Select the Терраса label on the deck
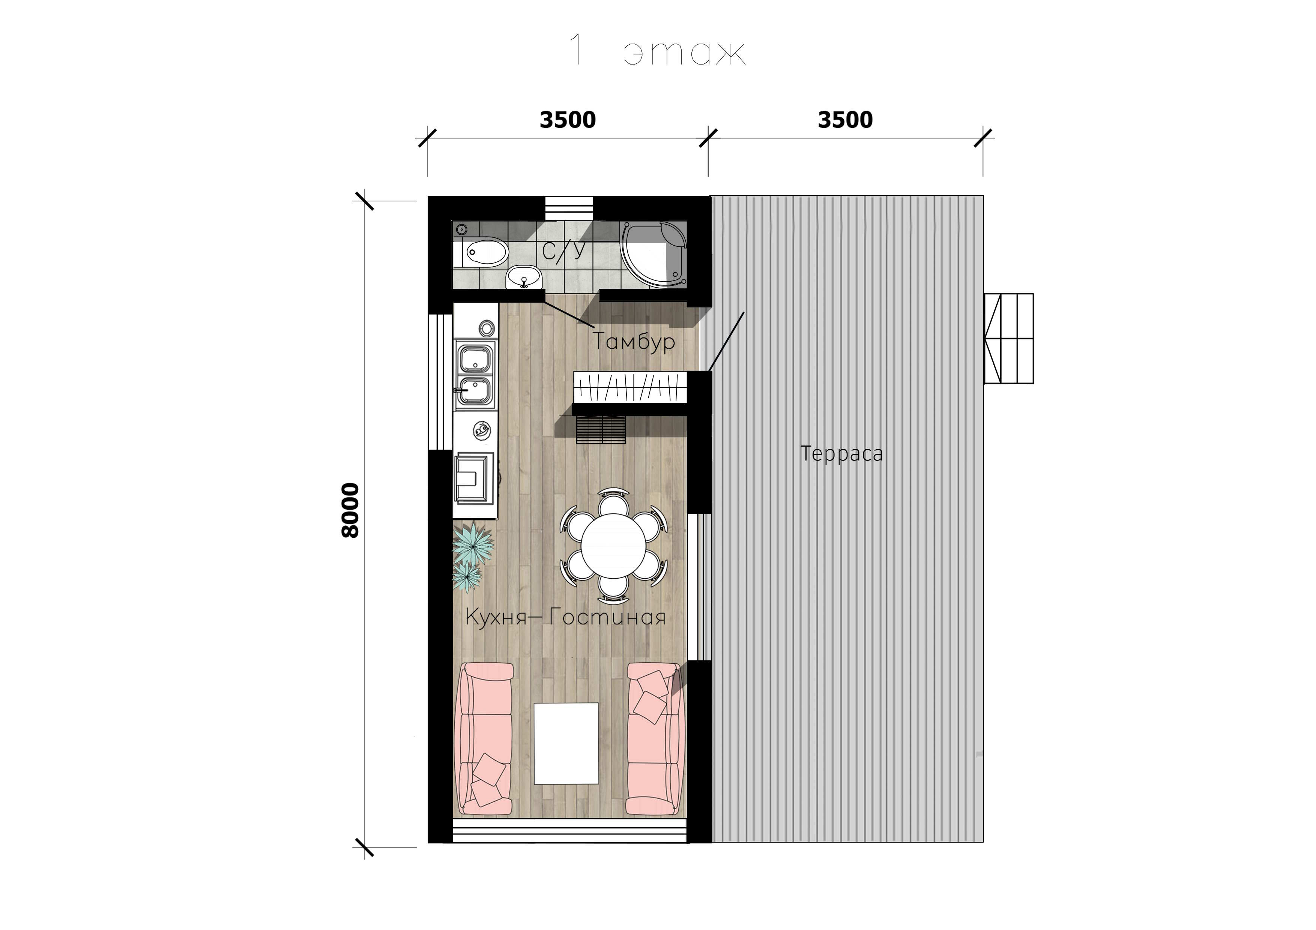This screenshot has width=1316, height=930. pyautogui.click(x=841, y=453)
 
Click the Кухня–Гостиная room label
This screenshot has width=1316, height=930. pyautogui.click(x=565, y=617)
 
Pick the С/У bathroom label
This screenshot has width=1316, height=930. pyautogui.click(x=565, y=251)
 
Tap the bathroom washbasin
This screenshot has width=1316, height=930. pyautogui.click(x=524, y=277)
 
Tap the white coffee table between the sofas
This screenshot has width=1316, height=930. pyautogui.click(x=566, y=743)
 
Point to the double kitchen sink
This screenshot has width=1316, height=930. pyautogui.click(x=474, y=374)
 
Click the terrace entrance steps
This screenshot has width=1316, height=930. pyautogui.click(x=1009, y=338)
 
